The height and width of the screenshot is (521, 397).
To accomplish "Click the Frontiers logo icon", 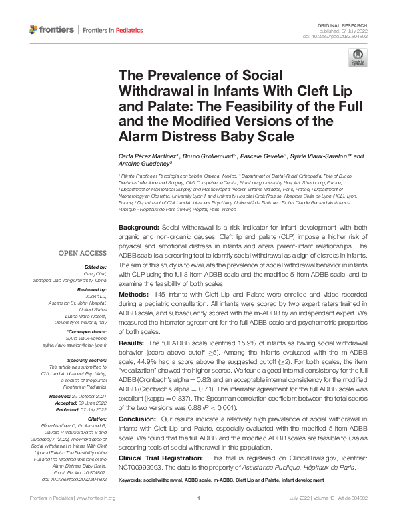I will click(34, 30).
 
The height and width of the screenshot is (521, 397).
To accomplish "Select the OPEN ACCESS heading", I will click(82, 253).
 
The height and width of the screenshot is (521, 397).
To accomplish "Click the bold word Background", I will click(139, 228).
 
